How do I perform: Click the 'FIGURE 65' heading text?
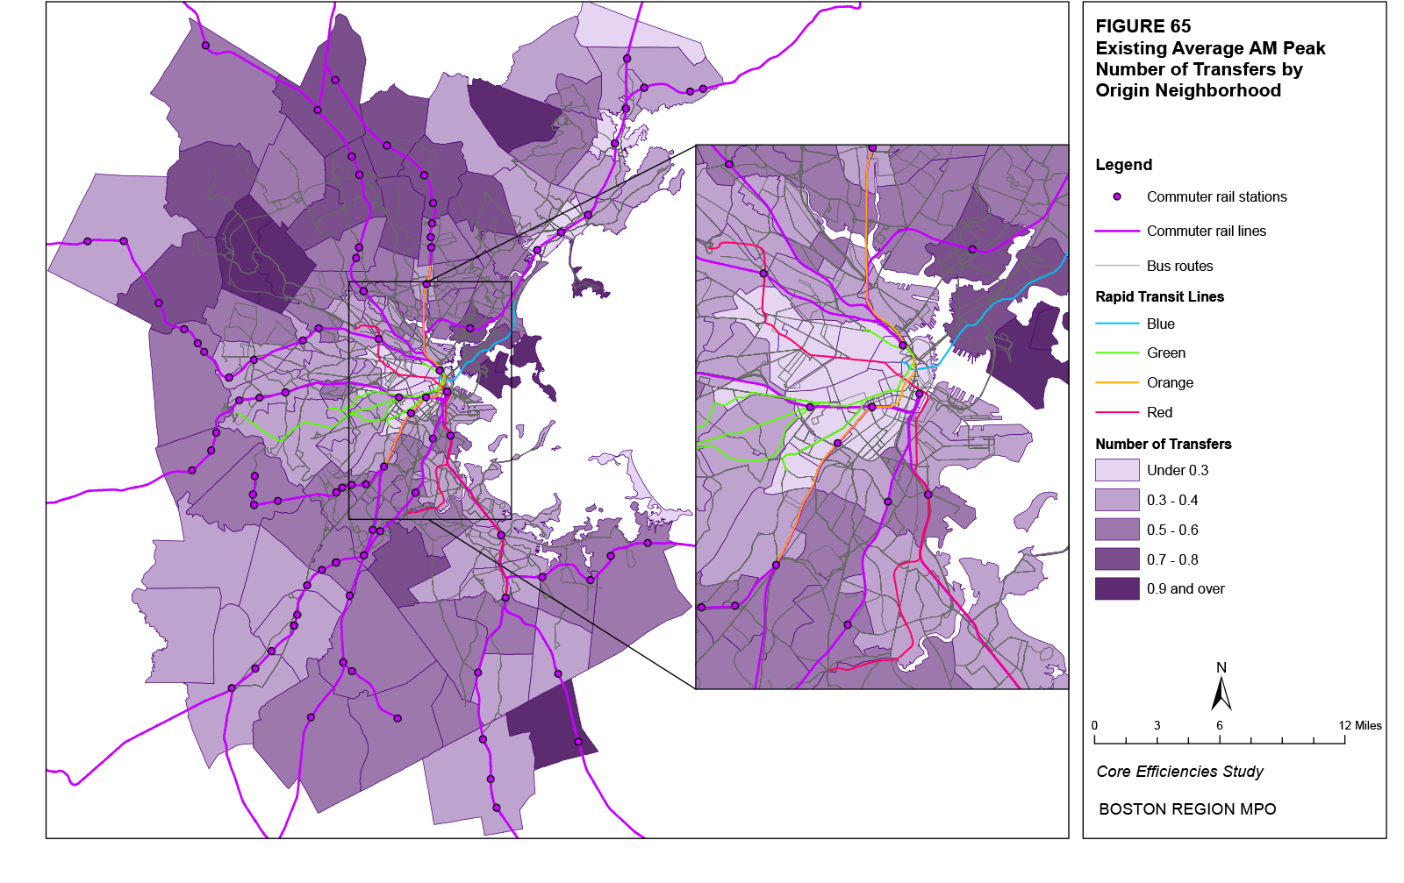click(1143, 26)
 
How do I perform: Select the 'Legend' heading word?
click(1123, 165)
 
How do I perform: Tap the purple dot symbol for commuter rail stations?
click(1117, 196)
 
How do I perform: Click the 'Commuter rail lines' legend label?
click(1206, 231)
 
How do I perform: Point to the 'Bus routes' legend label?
click(1179, 266)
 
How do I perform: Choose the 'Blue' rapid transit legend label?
click(1160, 324)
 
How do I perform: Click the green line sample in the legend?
click(1117, 352)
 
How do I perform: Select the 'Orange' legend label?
click(1170, 382)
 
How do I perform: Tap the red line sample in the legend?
click(1117, 412)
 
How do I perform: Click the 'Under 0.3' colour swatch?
click(1117, 470)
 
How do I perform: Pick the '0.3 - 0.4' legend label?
click(1171, 500)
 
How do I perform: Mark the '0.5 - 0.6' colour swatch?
click(1117, 530)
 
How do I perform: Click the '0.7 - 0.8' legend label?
click(1171, 559)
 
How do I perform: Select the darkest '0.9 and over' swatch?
click(1117, 588)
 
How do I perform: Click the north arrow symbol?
click(1221, 693)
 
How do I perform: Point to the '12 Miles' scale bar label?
click(1359, 725)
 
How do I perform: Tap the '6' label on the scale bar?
click(1219, 725)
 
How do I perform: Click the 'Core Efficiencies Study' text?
click(1179, 772)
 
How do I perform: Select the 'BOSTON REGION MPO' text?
click(1186, 809)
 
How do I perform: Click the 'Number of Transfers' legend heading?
click(1163, 444)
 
